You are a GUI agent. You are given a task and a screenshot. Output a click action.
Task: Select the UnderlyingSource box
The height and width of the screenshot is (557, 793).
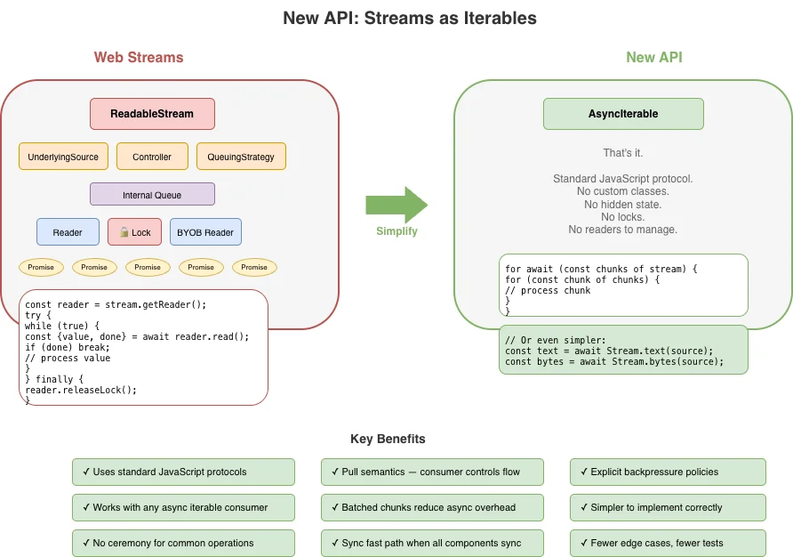pos(63,157)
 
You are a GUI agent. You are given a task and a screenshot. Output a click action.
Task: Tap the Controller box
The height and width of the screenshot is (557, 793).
pos(152,157)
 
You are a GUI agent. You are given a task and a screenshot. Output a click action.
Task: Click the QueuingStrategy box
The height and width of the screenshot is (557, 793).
pos(241,157)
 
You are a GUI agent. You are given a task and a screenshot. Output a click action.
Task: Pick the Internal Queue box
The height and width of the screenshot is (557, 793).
pos(152,194)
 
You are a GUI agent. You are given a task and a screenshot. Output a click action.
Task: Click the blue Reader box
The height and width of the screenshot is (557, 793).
pos(68,232)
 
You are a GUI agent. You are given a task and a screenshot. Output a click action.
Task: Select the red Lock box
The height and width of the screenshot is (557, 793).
pos(134,232)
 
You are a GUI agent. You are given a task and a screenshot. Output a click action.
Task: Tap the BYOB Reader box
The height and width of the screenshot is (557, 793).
pos(205,232)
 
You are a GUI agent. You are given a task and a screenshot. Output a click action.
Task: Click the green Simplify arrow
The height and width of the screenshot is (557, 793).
pos(396,206)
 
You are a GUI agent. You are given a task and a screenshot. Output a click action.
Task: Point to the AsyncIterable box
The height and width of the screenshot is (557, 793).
pos(623,114)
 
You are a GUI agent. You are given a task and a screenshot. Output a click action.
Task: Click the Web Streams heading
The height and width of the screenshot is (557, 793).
pos(139,58)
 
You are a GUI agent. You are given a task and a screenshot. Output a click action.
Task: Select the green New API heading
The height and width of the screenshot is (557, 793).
pos(654,58)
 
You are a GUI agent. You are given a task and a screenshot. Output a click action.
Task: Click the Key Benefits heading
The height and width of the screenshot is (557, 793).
pos(388,439)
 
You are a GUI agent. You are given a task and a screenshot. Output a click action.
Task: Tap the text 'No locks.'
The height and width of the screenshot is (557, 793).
pos(622,217)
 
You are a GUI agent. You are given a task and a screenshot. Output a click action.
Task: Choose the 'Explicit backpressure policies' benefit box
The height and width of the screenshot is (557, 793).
pos(668,472)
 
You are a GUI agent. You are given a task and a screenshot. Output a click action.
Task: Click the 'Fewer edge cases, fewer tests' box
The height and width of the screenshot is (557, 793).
pos(668,543)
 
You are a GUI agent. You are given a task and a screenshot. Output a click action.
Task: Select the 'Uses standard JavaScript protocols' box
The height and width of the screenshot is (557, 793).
pos(183,472)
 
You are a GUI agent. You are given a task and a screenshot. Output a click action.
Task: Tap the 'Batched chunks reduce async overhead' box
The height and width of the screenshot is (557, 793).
pos(419,507)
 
